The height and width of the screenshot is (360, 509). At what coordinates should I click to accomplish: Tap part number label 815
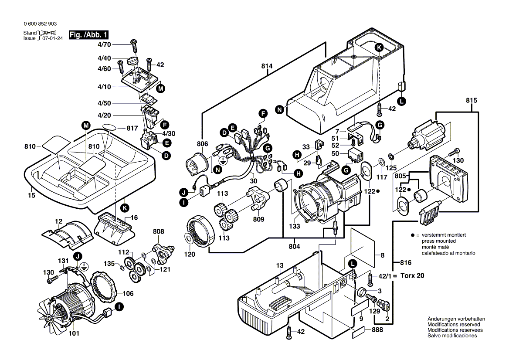(471, 101)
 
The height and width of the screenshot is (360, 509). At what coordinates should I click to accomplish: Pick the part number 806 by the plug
(202, 144)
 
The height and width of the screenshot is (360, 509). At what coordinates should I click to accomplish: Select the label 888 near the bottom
(377, 330)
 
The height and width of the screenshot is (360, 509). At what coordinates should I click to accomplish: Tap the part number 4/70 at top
(104, 44)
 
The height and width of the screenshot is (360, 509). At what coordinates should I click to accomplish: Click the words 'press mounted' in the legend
(438, 241)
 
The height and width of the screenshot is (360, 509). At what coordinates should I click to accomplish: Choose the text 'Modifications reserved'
(454, 325)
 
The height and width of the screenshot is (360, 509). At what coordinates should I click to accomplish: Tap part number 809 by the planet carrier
(259, 220)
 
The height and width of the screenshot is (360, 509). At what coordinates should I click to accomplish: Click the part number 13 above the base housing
(279, 265)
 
